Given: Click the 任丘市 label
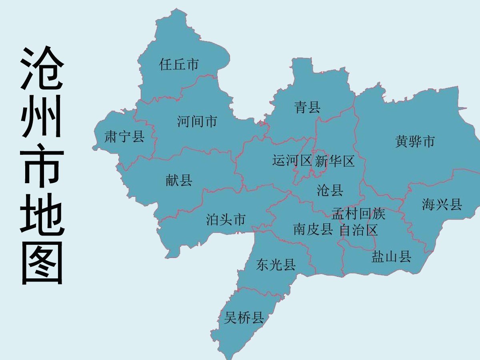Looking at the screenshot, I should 179,64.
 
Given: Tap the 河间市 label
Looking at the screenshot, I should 197,121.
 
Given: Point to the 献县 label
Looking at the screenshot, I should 179,180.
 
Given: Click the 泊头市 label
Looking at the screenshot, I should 226,220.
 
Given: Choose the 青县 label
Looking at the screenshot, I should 307,107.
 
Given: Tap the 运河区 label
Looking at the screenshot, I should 292,161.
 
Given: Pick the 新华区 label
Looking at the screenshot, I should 335,162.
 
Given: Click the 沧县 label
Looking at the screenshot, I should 330,190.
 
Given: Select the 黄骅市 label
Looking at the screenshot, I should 415,141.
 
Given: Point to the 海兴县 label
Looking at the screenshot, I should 442,205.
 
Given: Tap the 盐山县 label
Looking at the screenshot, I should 391,257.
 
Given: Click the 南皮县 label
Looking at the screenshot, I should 313,230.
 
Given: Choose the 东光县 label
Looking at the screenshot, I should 276,265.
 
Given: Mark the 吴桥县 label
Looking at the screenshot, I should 244,318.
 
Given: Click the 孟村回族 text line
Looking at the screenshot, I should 358,214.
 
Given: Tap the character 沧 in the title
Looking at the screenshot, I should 42,69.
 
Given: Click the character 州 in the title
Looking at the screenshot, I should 42,117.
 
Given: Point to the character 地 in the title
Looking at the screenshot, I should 42,214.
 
